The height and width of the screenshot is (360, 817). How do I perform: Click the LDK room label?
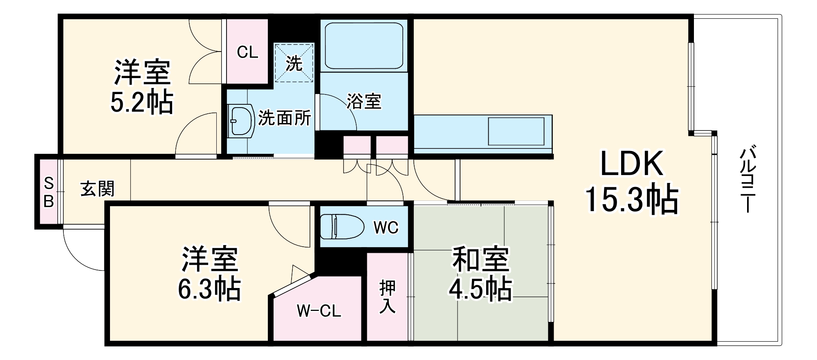631,164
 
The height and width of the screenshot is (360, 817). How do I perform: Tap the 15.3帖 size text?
632,200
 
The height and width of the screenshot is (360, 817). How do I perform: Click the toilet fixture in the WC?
341,227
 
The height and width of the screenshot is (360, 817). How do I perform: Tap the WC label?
386,228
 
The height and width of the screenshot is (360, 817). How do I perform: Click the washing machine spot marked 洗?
294,63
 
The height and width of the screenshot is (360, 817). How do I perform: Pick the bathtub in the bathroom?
364,45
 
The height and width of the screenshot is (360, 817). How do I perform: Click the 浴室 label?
364,101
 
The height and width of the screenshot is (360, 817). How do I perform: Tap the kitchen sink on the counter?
516,131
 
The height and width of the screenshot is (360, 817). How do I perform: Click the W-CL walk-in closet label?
319,311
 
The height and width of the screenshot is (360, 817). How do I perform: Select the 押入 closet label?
387,297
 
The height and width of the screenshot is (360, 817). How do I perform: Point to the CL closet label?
247,52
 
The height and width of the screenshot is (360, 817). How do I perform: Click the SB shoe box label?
49,192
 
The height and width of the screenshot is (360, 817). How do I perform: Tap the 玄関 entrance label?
97,189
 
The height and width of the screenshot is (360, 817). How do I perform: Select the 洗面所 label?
285,118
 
